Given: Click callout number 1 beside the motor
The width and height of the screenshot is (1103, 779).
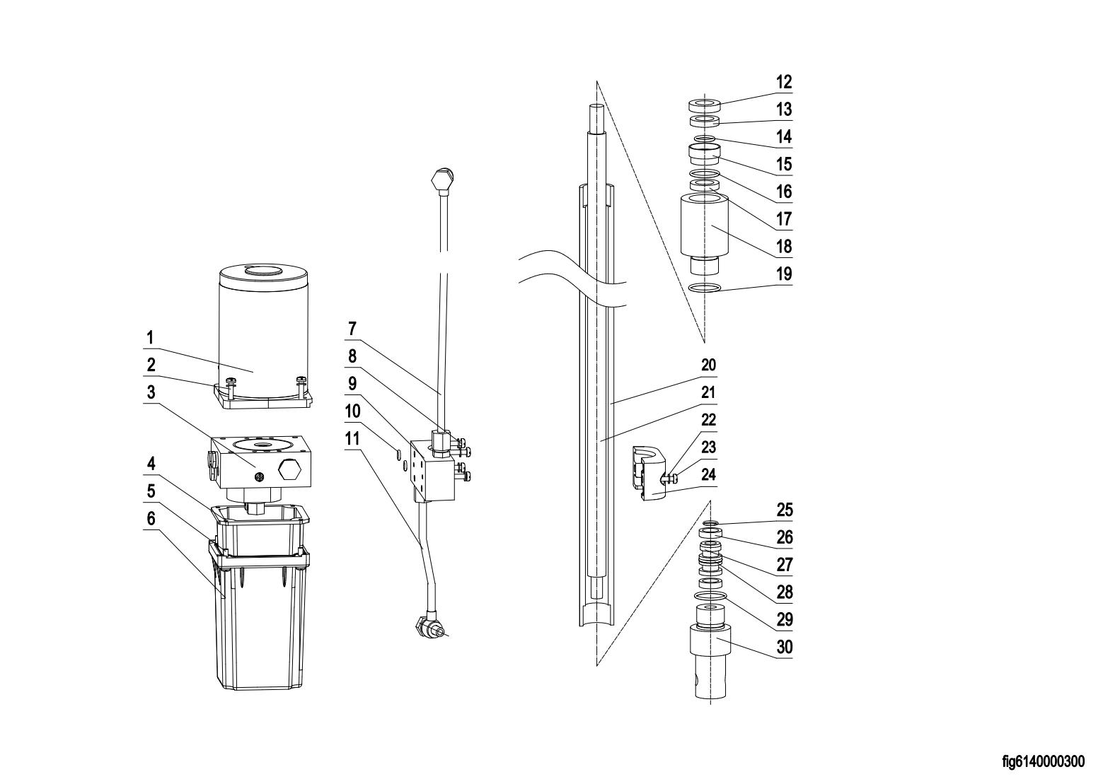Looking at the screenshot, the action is point(150,338).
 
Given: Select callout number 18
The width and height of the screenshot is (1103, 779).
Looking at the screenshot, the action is point(784,246).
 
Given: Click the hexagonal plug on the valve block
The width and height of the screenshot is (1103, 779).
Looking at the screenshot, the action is point(289,471).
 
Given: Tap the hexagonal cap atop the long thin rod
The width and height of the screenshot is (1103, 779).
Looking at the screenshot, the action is point(442,180).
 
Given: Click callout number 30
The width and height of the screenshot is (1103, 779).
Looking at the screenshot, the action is point(785,647).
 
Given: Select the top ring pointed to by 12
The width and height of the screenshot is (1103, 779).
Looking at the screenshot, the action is point(704,105).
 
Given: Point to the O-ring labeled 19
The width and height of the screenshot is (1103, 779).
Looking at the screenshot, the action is point(705,288).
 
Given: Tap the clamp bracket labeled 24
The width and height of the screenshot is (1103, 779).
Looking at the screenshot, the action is point(649,474).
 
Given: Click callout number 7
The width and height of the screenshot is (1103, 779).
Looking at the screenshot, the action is point(352,328).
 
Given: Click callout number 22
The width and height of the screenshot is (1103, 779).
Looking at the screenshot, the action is point(708,420).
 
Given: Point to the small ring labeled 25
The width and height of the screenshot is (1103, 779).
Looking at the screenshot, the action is point(710,522).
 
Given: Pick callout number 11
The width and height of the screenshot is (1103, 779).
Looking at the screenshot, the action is point(352,438).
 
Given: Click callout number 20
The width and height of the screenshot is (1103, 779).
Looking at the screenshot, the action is point(708,365).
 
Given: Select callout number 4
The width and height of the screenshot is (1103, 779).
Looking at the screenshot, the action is point(151,464).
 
